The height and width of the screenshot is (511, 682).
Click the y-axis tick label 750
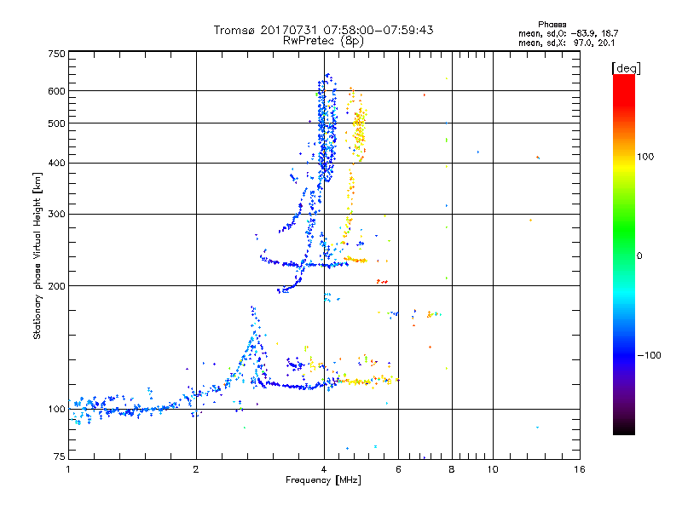(57, 54)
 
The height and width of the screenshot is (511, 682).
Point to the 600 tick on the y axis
(57, 91)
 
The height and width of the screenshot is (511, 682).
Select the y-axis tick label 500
(57, 123)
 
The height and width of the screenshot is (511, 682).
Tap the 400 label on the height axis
(57, 163)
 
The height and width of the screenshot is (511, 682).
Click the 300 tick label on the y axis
(57, 215)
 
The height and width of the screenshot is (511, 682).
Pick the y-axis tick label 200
(57, 286)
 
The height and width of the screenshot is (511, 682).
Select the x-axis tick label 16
(580, 469)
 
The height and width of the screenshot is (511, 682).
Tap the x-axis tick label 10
(493, 469)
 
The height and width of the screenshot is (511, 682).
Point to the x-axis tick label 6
(399, 469)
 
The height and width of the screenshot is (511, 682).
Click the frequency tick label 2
(196, 469)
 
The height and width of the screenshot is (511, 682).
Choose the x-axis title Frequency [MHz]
(324, 480)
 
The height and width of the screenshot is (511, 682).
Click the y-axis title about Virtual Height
(38, 255)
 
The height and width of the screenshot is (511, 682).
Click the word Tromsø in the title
(234, 30)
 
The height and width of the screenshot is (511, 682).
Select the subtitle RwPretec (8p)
(324, 40)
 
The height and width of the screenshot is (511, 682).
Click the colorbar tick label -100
(650, 355)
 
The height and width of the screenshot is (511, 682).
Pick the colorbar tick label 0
(640, 255)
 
